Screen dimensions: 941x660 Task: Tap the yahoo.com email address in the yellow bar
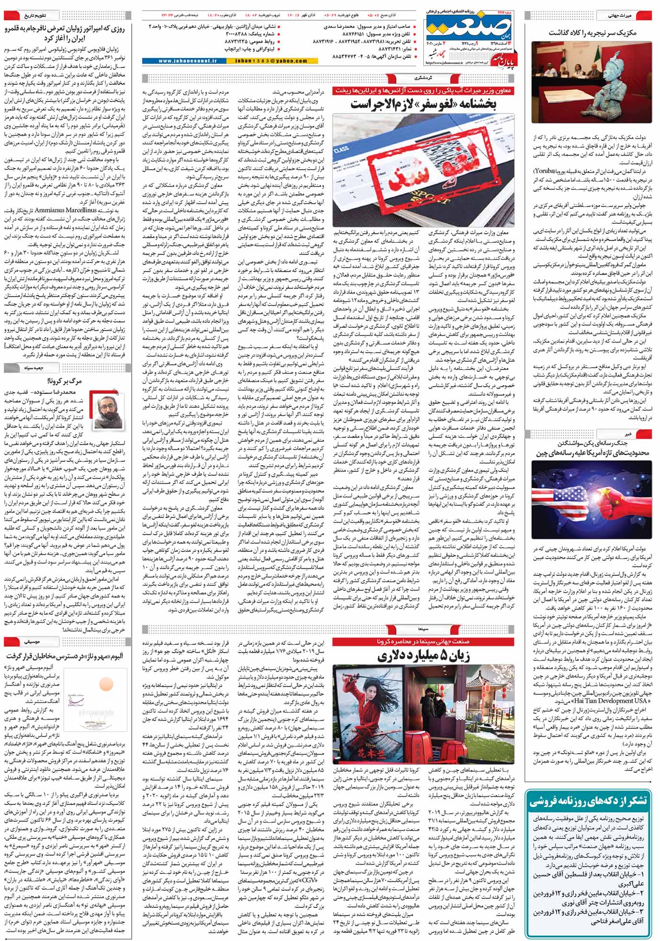tap(274, 61)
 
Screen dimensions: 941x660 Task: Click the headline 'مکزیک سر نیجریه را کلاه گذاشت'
tap(591, 33)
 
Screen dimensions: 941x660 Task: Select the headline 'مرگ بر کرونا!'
tap(65, 381)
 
